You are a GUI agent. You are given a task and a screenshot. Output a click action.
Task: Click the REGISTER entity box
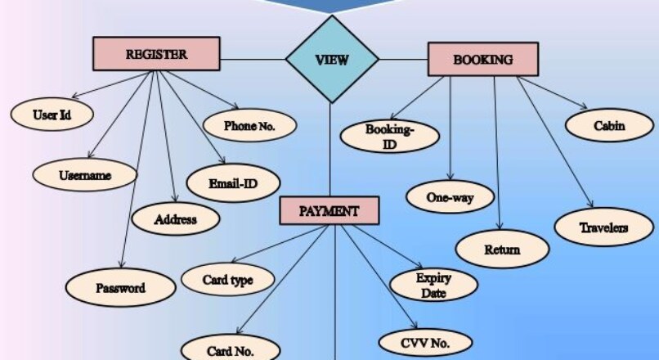click(156, 55)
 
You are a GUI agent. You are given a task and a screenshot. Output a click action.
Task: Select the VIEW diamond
click(332, 59)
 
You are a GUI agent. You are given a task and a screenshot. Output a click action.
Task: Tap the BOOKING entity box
click(482, 60)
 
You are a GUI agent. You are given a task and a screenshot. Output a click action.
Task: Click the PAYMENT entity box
click(329, 210)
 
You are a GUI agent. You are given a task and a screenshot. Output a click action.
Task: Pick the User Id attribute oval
click(52, 115)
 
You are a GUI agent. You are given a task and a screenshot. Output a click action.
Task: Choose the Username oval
click(85, 174)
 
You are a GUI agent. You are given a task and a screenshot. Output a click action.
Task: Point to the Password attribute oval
click(120, 287)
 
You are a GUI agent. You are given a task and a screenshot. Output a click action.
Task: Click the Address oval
click(176, 218)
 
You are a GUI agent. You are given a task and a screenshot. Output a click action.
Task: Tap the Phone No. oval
click(249, 126)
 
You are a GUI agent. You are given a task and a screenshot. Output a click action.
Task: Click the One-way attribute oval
click(451, 197)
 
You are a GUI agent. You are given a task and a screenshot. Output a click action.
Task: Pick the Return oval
click(502, 249)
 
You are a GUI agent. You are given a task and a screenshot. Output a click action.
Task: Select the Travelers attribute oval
click(604, 227)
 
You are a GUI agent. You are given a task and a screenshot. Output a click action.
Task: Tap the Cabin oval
click(609, 126)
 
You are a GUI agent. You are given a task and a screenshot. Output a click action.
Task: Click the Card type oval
click(227, 281)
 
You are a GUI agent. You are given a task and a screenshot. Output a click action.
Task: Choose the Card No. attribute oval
click(230, 351)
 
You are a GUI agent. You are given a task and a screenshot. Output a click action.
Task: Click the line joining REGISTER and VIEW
click(253, 59)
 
